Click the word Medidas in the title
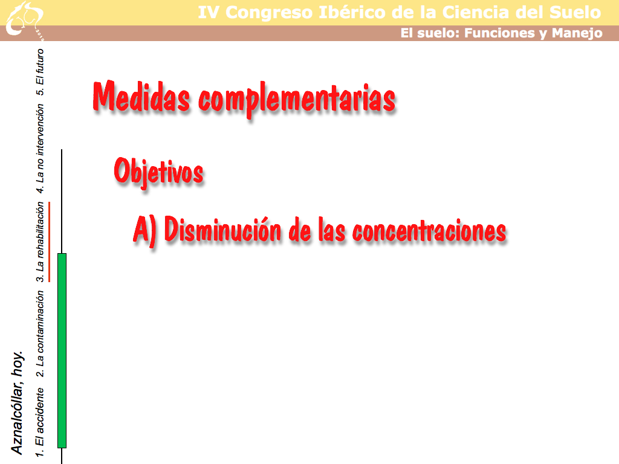click(x=141, y=96)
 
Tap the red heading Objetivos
click(x=159, y=171)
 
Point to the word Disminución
click(x=222, y=229)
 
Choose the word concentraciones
click(x=429, y=231)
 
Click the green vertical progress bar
click(x=62, y=350)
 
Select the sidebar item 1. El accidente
click(x=40, y=422)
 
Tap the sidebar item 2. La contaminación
click(x=40, y=333)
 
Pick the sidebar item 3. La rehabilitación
click(x=40, y=242)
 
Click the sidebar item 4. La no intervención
click(x=40, y=149)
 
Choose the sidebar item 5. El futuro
click(x=40, y=72)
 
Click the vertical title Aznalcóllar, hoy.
click(x=17, y=402)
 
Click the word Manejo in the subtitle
click(x=577, y=33)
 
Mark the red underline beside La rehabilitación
click(x=50, y=242)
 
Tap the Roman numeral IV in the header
click(x=208, y=13)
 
